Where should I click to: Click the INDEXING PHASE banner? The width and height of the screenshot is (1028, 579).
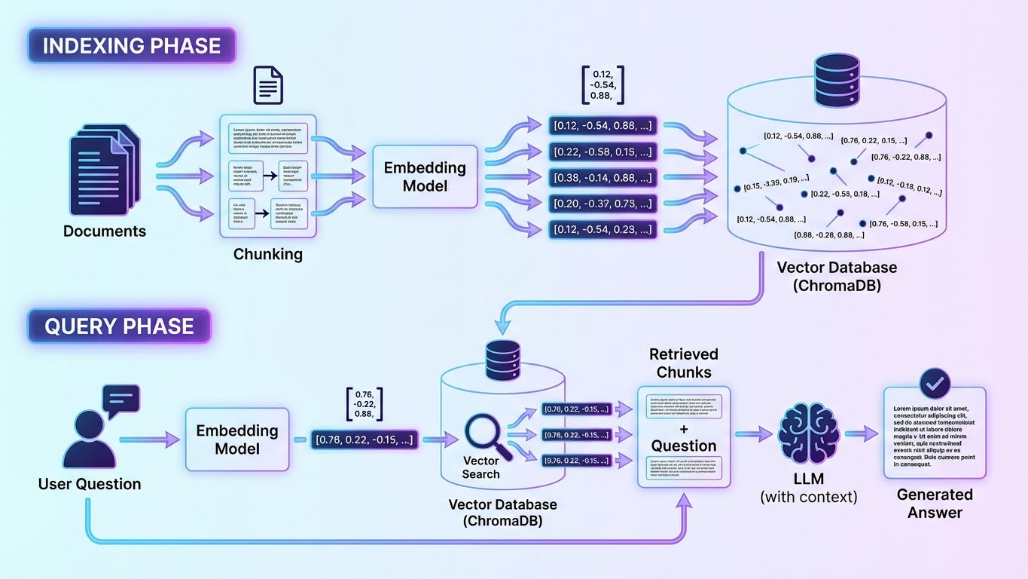tap(132, 45)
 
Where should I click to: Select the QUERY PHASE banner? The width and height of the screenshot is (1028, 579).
tap(119, 326)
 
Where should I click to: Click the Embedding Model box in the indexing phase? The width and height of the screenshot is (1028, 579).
tap(426, 177)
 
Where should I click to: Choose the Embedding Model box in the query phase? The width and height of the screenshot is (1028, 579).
tap(237, 440)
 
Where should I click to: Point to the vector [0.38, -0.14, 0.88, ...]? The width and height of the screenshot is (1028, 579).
tap(602, 178)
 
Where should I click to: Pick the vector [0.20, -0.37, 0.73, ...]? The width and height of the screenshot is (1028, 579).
tap(602, 204)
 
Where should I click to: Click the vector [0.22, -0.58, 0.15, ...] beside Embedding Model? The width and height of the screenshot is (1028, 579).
tap(602, 152)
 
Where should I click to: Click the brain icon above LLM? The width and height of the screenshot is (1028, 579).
tap(808, 433)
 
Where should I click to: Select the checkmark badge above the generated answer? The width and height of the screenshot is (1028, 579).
tap(935, 384)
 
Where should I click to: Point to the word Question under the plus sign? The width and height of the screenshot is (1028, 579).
tap(684, 446)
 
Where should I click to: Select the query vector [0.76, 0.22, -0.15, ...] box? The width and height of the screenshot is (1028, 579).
tap(365, 440)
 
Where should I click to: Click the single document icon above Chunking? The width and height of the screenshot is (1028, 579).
tap(268, 84)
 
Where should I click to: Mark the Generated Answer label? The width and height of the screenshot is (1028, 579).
tap(934, 504)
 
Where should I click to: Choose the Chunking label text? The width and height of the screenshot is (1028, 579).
tap(267, 254)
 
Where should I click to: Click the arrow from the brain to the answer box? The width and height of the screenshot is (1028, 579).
tap(862, 434)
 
